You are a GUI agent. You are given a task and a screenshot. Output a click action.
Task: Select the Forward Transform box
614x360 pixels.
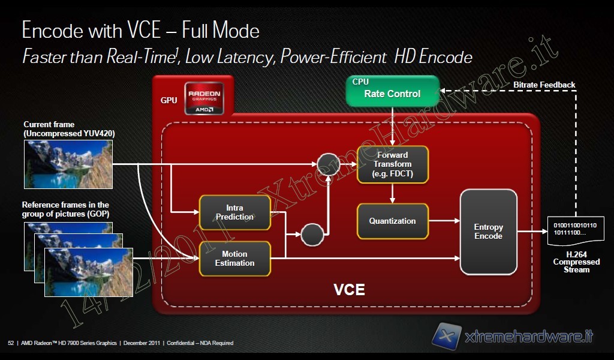pos(393,164)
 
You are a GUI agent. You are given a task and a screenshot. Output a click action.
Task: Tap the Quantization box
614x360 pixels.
pos(393,221)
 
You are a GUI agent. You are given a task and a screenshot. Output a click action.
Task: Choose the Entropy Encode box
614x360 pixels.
pos(488,232)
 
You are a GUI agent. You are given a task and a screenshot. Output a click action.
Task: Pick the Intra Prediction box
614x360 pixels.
pos(234,212)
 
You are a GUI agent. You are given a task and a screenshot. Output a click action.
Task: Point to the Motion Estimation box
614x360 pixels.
pos(234,259)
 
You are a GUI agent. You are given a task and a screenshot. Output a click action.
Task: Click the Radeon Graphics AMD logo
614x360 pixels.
pos(204,98)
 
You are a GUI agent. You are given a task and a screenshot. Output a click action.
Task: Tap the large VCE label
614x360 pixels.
pos(349,290)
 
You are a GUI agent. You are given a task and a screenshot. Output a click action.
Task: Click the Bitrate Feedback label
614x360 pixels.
pos(544,85)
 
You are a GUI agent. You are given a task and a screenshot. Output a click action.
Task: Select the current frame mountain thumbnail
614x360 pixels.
pos(67,164)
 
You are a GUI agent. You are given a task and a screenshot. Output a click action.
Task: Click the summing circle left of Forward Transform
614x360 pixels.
pos(329,164)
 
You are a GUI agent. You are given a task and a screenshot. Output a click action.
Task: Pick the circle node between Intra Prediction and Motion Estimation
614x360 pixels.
pos(312,234)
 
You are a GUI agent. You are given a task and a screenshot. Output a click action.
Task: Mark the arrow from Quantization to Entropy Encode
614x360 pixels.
pos(444,221)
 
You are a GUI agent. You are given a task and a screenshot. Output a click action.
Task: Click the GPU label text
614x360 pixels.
pos(169,100)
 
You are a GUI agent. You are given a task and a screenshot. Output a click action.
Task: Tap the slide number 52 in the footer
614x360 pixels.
pos(11,343)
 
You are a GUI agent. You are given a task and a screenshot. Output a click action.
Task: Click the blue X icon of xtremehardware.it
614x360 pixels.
pos(447,336)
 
